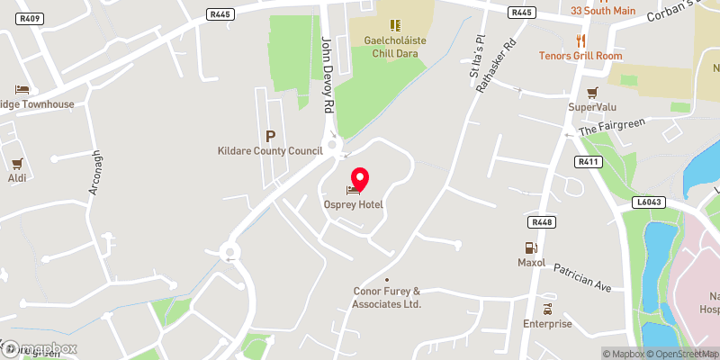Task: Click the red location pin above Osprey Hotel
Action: [x=359, y=177]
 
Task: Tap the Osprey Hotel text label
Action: [x=354, y=205]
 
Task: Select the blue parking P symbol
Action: [x=269, y=137]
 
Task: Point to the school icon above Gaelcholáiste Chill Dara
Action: [x=393, y=24]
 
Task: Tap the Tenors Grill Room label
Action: [x=580, y=56]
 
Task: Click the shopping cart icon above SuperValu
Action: [x=592, y=93]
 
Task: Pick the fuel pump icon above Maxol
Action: [x=531, y=248]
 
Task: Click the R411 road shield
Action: [x=589, y=161]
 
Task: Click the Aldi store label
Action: [x=16, y=177]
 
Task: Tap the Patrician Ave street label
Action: [x=582, y=278]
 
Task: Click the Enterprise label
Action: [x=547, y=324]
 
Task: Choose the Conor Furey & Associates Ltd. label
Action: [x=388, y=297]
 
